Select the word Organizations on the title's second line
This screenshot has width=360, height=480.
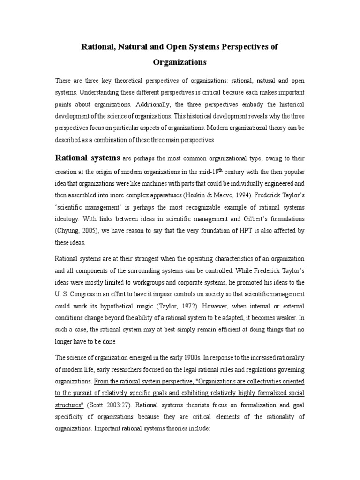click(180, 62)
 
